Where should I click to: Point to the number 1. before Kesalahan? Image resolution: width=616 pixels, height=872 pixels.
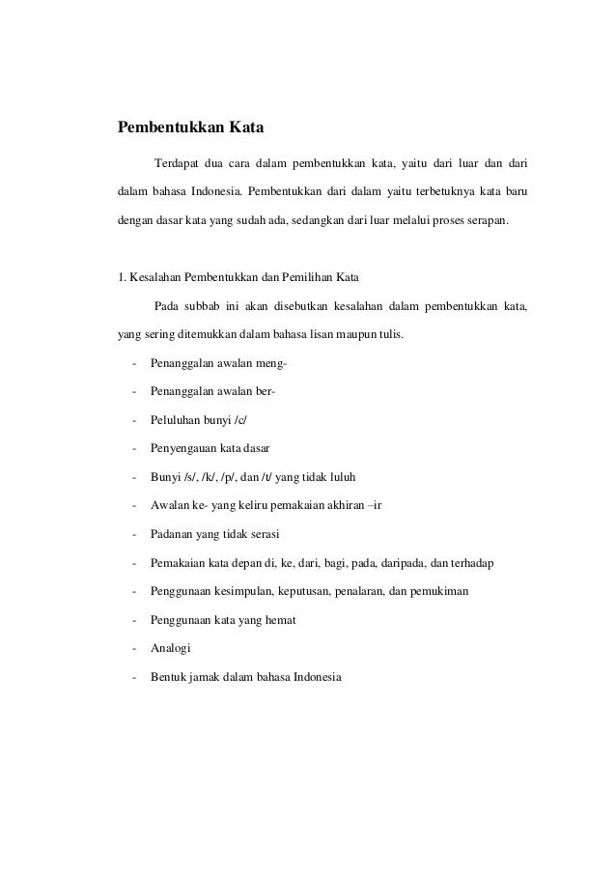122,280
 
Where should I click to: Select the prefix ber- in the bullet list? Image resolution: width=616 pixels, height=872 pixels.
265,392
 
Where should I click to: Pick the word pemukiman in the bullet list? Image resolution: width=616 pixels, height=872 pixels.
439,590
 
